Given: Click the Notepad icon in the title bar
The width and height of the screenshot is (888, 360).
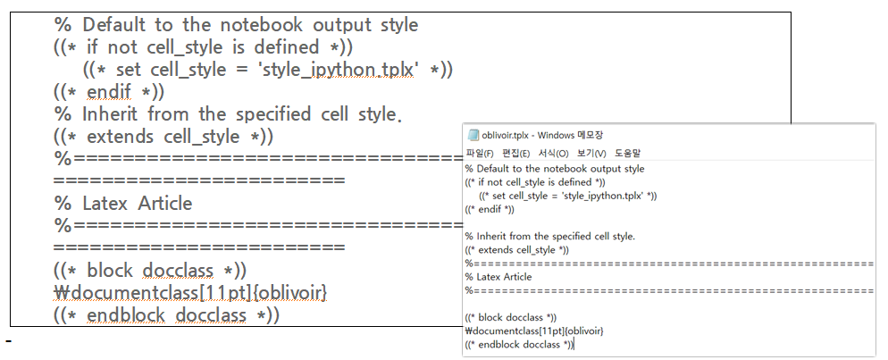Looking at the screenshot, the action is [x=473, y=135].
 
